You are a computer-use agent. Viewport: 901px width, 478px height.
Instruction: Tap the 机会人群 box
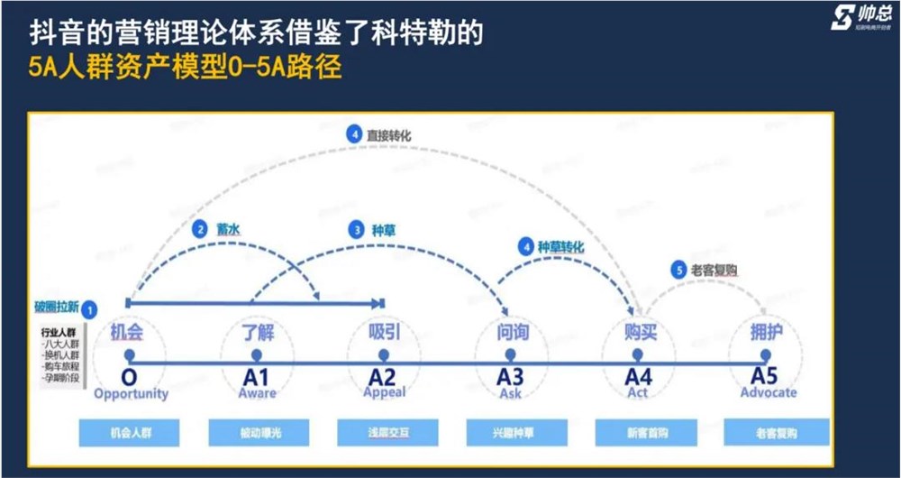[x=132, y=433]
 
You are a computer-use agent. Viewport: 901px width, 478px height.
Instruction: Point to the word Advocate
[x=769, y=392]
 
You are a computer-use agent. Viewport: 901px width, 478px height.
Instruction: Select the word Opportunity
[x=131, y=393]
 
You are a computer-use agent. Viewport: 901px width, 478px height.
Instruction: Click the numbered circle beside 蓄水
[x=200, y=229]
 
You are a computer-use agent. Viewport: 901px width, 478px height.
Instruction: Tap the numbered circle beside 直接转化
[x=354, y=134]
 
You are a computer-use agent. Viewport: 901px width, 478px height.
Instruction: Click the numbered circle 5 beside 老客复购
[x=678, y=269]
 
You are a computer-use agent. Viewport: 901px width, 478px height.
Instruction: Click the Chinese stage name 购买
[x=640, y=332]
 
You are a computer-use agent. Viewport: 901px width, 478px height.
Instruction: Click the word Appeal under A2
[x=385, y=392]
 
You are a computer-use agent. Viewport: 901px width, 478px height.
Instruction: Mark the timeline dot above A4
[x=639, y=355]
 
